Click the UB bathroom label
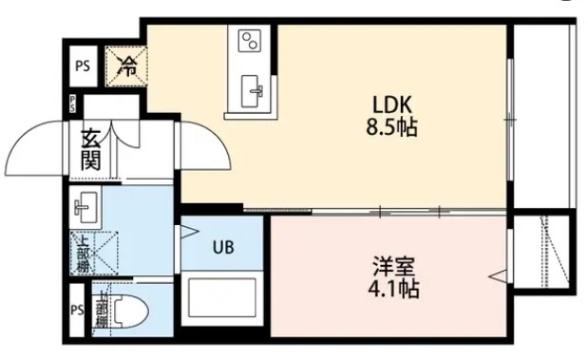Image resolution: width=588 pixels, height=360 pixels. (x=223, y=248)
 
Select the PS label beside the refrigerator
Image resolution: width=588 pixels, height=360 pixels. (x=83, y=66)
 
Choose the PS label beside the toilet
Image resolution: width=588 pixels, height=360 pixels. (x=77, y=311)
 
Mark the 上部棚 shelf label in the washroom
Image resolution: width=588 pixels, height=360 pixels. (x=84, y=253)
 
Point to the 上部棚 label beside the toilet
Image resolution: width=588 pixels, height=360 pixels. (x=102, y=310)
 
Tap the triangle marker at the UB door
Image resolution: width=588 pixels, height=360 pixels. (x=187, y=230)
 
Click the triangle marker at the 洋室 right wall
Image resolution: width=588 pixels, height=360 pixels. (x=497, y=276)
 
